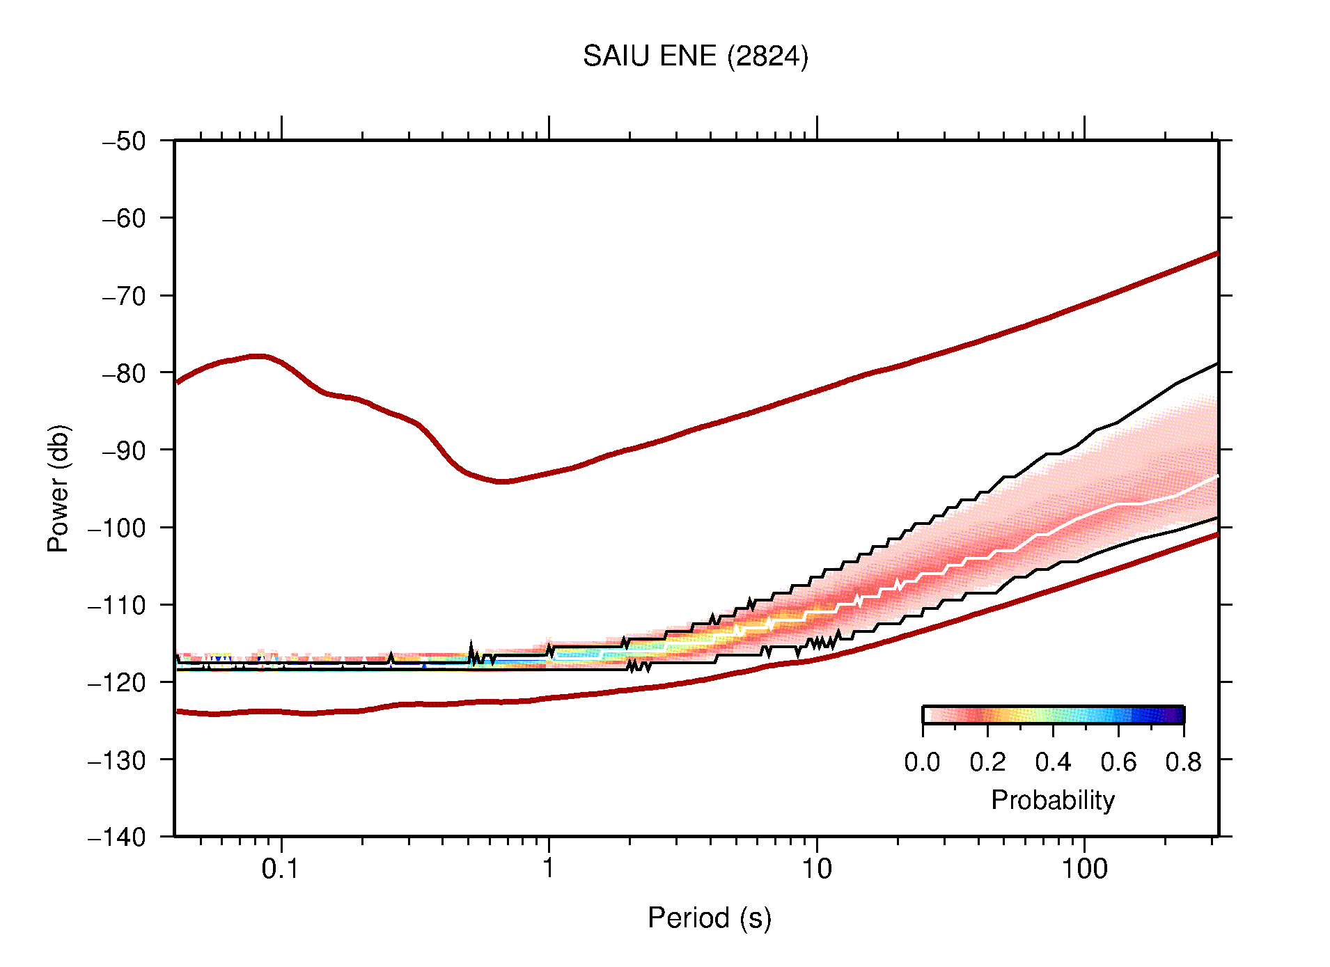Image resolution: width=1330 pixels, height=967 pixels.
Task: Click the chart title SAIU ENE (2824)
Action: coord(695,56)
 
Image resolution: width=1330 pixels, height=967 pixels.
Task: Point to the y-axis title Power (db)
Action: coord(58,488)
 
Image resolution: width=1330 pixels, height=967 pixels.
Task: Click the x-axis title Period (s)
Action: coord(709,918)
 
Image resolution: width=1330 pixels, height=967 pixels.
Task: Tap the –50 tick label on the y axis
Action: coord(124,141)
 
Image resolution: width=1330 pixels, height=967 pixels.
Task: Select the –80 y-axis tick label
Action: coord(124,373)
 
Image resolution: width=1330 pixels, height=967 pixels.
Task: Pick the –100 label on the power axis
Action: coord(117,528)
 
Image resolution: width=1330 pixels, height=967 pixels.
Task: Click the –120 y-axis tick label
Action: coord(117,682)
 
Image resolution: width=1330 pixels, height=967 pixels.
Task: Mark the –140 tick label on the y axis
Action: coord(117,837)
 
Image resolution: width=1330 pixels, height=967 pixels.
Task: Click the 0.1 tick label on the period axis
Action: coord(281,869)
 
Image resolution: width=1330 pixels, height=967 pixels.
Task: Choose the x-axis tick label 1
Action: coord(549,869)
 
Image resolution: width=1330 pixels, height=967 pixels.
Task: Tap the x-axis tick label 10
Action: coord(816,869)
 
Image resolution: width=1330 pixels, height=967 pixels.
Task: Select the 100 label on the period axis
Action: coord(1083,869)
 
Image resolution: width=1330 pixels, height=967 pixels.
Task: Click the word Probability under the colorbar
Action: coord(1052,800)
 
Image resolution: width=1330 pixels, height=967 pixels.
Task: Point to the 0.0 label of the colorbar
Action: coord(922,762)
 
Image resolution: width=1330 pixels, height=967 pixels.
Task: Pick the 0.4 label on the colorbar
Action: coord(1053,762)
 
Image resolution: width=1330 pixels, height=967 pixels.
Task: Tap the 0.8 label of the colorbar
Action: coord(1183,762)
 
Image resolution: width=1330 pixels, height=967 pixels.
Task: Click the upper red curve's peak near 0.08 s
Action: coord(258,356)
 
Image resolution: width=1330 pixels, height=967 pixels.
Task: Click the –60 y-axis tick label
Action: coord(124,219)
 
